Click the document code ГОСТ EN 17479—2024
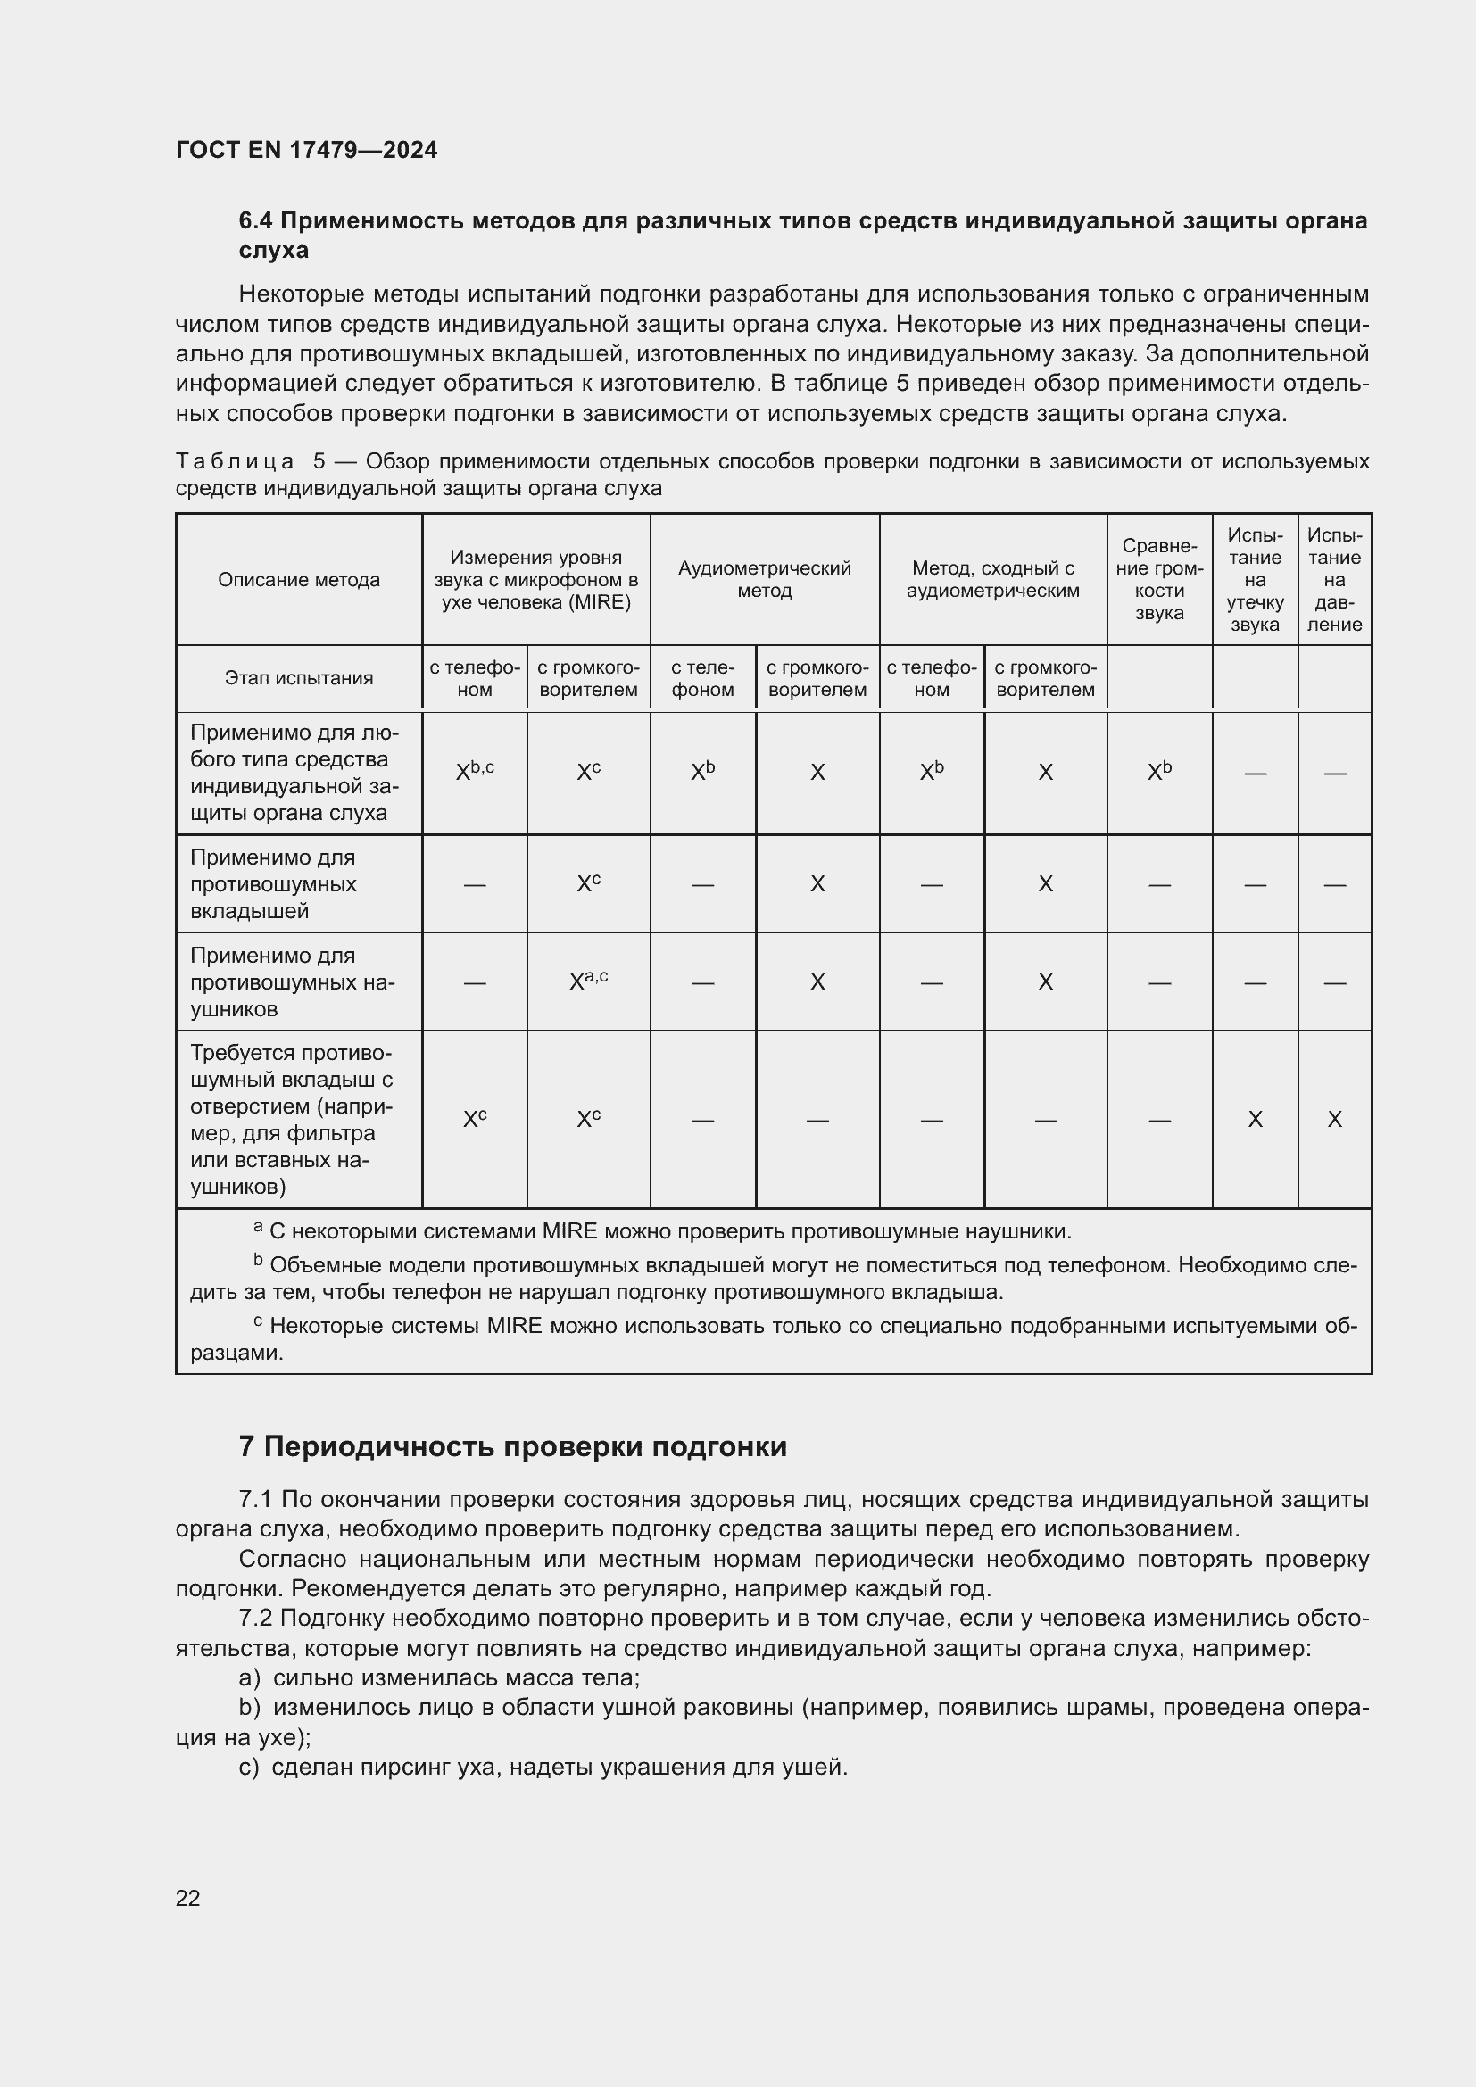tap(306, 150)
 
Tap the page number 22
tap(187, 1898)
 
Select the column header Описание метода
tap(299, 580)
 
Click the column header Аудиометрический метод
tap(765, 579)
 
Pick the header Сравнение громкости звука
tap(1159, 579)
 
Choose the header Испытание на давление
tap(1333, 579)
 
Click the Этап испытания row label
tap(299, 678)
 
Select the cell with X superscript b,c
tap(475, 772)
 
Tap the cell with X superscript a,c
tap(588, 981)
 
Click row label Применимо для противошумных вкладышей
tap(273, 883)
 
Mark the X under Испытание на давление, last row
tap(1334, 1120)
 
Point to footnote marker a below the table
tap(258, 1227)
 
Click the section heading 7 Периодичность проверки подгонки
tap(512, 1446)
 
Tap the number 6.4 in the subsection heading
tap(256, 221)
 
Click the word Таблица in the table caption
tap(235, 462)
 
